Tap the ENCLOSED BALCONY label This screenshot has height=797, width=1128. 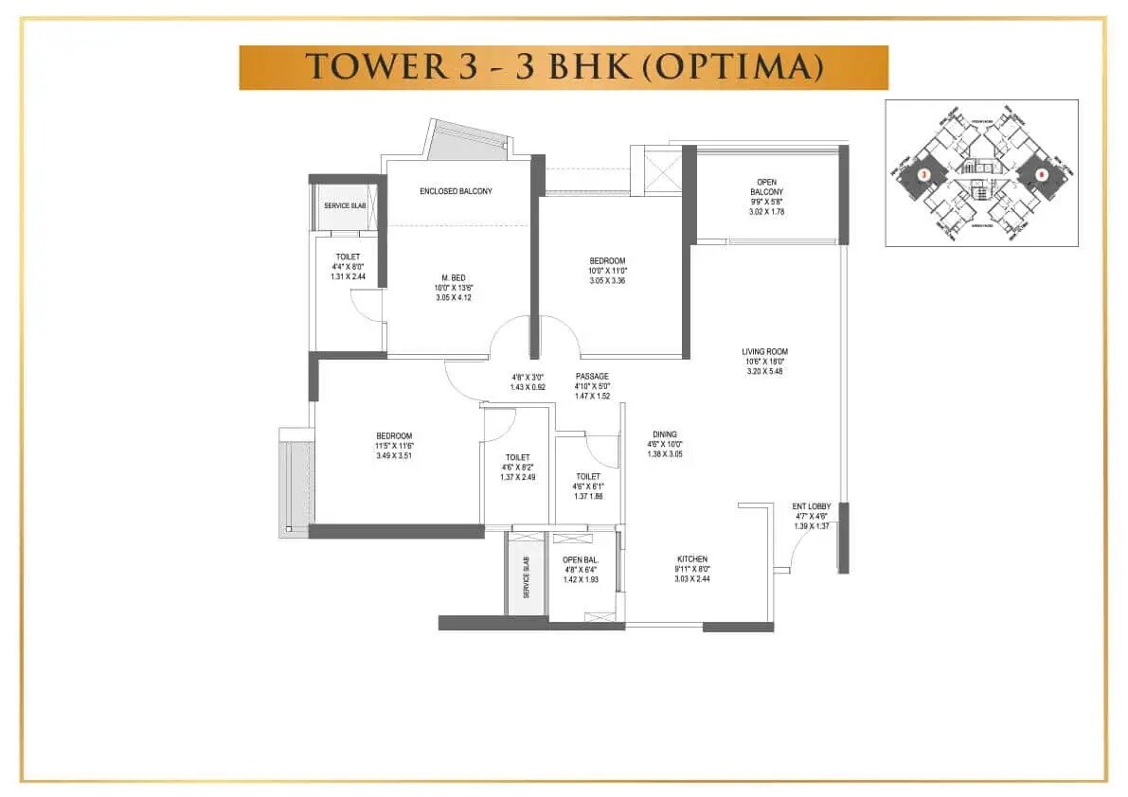tap(456, 191)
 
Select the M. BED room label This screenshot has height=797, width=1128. tap(452, 277)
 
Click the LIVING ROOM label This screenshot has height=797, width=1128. tap(765, 352)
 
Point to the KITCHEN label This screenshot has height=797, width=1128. tap(692, 559)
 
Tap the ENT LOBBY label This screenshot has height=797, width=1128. tap(811, 507)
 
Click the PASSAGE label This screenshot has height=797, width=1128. tap(592, 376)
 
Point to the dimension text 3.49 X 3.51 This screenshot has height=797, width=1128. tap(394, 456)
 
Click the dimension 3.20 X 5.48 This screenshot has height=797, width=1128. tap(764, 371)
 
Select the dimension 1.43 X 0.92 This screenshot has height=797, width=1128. tap(528, 387)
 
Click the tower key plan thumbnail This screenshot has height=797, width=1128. tap(980, 173)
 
